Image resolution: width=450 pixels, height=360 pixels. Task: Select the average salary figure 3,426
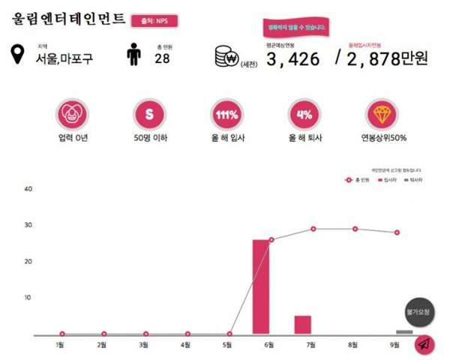[293, 59]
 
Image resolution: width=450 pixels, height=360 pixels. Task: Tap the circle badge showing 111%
[226, 115]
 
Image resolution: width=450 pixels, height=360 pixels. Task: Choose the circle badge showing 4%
[304, 115]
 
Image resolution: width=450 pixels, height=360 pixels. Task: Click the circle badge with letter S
[148, 115]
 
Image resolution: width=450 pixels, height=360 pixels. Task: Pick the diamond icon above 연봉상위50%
[382, 115]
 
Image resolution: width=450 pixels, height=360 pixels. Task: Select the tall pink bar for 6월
[260, 286]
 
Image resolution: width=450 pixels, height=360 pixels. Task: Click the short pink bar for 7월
[302, 325]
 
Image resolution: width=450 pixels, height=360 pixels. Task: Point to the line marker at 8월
[355, 229]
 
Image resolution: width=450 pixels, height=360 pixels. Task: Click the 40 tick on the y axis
[28, 189]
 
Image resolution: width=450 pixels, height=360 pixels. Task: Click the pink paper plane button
[424, 345]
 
